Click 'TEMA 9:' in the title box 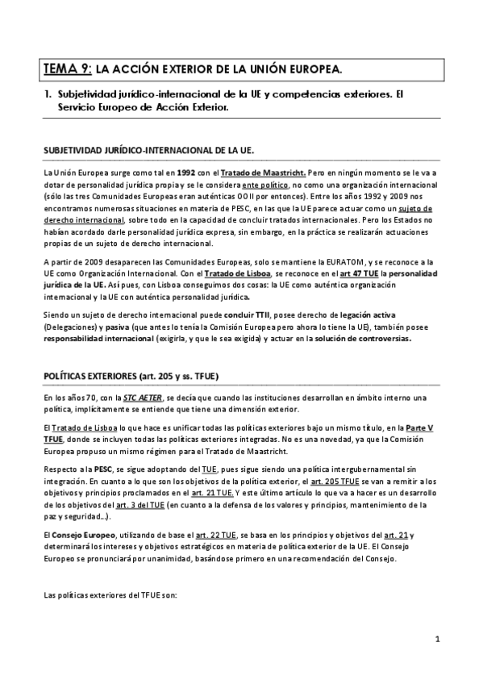pyautogui.click(x=68, y=69)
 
